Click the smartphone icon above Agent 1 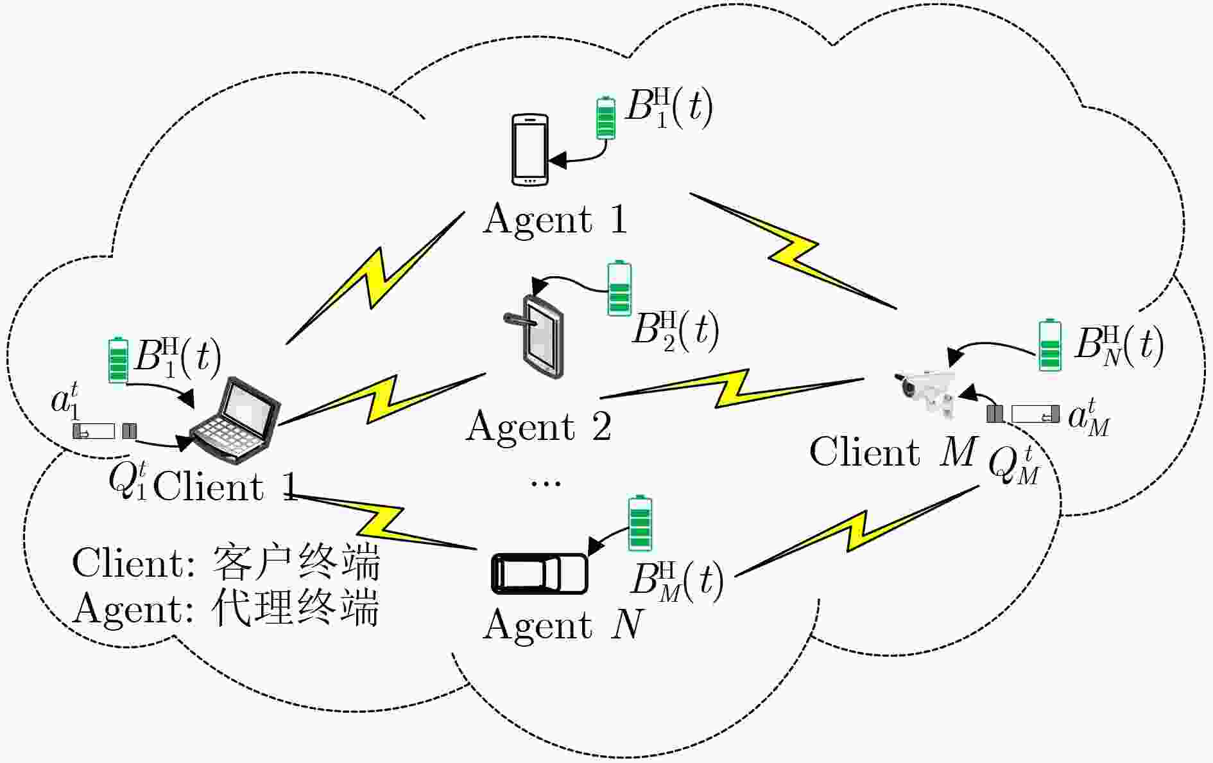point(529,150)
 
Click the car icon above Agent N point(540,573)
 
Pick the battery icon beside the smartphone point(605,117)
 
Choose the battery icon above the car point(639,523)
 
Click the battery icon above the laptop point(117,360)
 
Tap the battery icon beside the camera point(1049,345)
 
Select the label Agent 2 point(539,426)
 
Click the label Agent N point(563,624)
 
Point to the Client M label point(893,452)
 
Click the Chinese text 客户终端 point(295,563)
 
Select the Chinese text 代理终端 point(295,608)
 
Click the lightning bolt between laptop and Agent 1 point(375,277)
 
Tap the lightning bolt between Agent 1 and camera point(793,251)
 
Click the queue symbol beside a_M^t point(1023,414)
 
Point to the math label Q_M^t point(1014,466)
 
